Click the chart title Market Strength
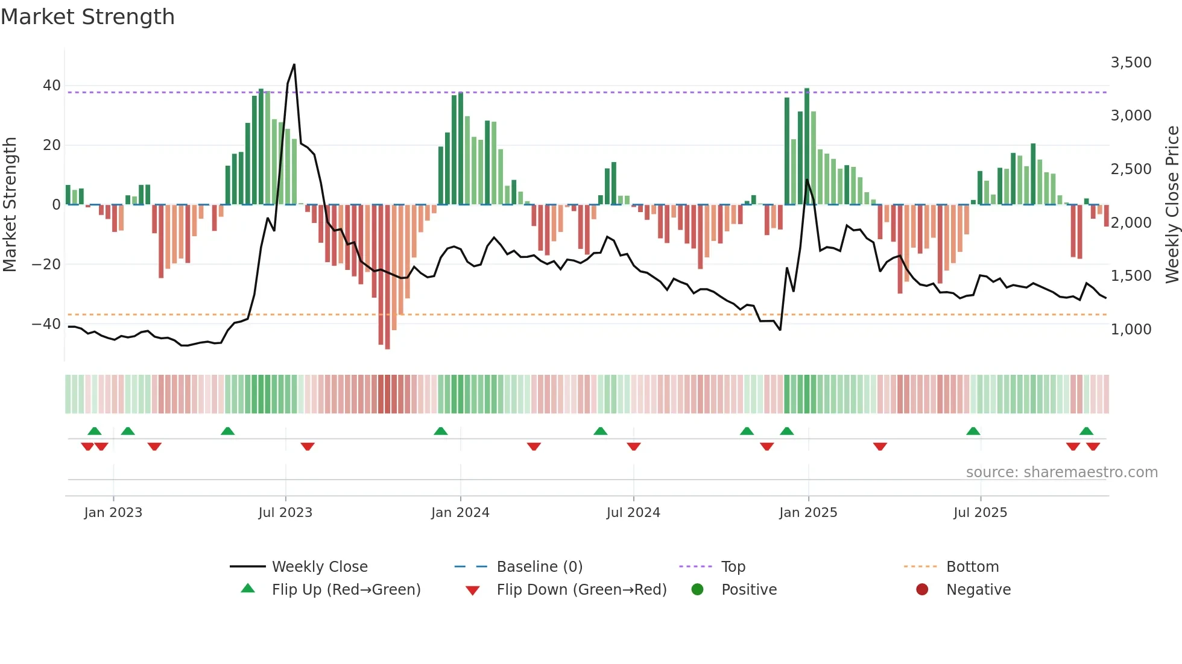tap(87, 17)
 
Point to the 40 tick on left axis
tap(52, 86)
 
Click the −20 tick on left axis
tap(46, 265)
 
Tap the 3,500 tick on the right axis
tap(1131, 63)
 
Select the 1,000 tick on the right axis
tap(1131, 330)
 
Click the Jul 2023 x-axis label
tap(285, 513)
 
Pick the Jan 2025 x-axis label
tap(807, 513)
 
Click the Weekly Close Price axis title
tap(1172, 205)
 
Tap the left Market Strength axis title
tap(10, 205)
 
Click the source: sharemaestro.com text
tap(1061, 472)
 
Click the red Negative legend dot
tap(922, 590)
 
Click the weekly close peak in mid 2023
tap(294, 64)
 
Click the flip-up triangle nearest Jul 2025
tap(973, 431)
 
